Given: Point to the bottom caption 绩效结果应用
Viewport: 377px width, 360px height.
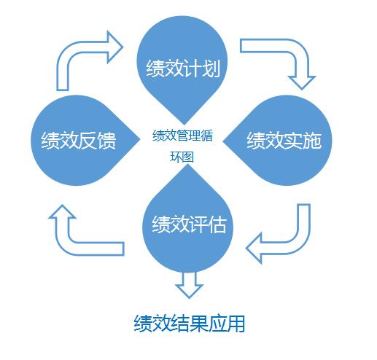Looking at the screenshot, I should (190, 323).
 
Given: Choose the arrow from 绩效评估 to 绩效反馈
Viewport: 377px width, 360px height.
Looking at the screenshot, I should (80, 233).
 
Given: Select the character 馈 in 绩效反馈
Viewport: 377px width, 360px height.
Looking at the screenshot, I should (106, 139).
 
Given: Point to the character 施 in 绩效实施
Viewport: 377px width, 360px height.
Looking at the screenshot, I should (312, 139).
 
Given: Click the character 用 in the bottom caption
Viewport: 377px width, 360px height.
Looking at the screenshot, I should (235, 323).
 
